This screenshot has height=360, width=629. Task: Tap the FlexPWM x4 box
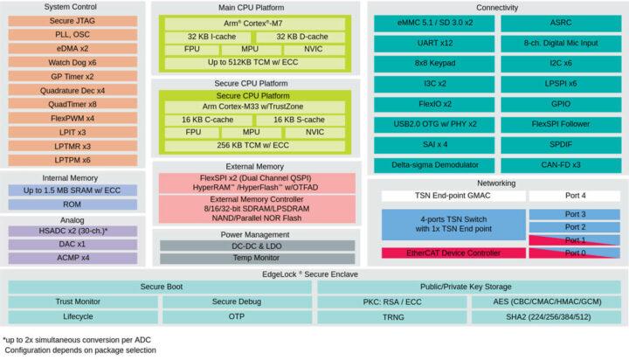[74, 118]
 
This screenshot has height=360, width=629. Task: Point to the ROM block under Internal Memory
[74, 204]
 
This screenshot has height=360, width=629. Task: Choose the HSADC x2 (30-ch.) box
[74, 231]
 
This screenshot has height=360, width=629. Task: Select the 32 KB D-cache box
[300, 36]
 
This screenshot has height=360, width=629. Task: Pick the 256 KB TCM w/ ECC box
[254, 145]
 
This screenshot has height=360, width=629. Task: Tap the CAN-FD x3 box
[559, 164]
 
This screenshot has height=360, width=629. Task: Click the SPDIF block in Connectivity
[559, 143]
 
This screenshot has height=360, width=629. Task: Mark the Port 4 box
[573, 195]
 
